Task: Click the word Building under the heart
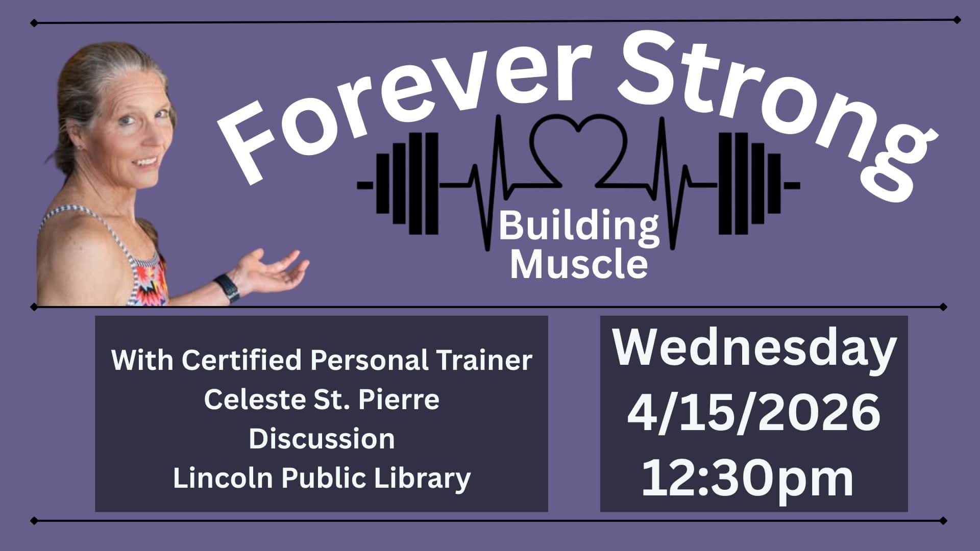tap(578, 228)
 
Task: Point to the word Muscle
tap(579, 265)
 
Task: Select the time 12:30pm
tap(748, 479)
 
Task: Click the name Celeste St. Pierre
tap(322, 399)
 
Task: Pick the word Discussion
tap(322, 439)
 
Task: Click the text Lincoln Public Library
tap(322, 479)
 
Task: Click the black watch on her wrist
tap(227, 289)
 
